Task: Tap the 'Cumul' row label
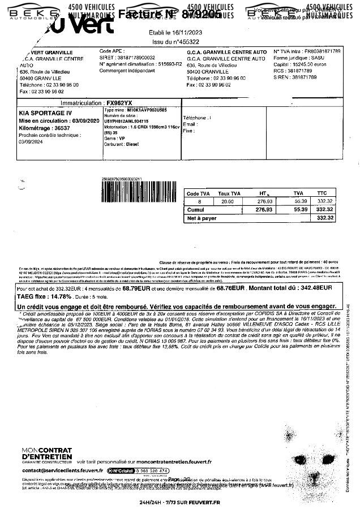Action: [x=196, y=209]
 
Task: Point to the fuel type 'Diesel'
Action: [x=132, y=144]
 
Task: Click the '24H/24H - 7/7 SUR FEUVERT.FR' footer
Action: [x=179, y=502]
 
